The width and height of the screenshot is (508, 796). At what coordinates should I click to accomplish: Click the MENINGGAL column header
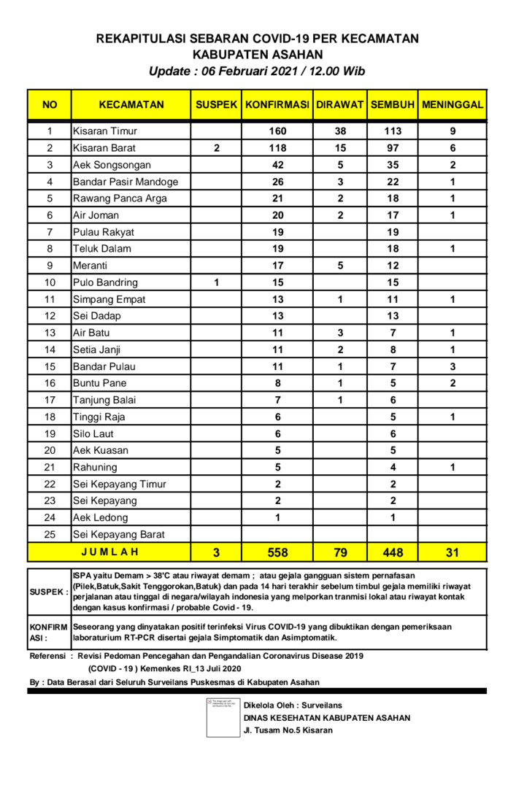[x=453, y=105]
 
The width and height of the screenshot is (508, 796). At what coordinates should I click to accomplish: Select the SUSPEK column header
[x=216, y=105]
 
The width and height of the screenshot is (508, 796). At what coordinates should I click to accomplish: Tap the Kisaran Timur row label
[x=105, y=131]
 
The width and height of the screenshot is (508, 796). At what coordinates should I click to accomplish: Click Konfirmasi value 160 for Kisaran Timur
[x=277, y=131]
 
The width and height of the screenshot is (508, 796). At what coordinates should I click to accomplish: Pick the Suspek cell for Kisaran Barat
[x=216, y=148]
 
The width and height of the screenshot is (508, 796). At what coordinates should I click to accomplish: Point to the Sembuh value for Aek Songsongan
[x=393, y=165]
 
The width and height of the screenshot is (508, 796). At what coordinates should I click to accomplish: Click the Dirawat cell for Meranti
[x=340, y=266]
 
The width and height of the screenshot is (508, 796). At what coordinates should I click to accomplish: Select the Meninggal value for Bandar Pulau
[x=453, y=366]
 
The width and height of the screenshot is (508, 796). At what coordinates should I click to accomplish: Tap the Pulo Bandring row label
[x=105, y=282]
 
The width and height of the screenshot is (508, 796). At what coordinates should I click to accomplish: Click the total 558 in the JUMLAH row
[x=277, y=552]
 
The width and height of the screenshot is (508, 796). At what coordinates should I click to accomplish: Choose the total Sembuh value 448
[x=393, y=552]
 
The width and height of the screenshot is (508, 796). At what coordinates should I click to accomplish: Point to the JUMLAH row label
[x=109, y=552]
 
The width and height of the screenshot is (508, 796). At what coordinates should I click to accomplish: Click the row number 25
[x=50, y=534]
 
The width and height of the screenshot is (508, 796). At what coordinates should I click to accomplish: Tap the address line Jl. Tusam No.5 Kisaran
[x=288, y=730]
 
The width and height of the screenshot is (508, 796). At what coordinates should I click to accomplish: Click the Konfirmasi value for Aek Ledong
[x=277, y=517]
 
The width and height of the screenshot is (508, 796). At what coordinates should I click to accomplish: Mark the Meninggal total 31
[x=453, y=552]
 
